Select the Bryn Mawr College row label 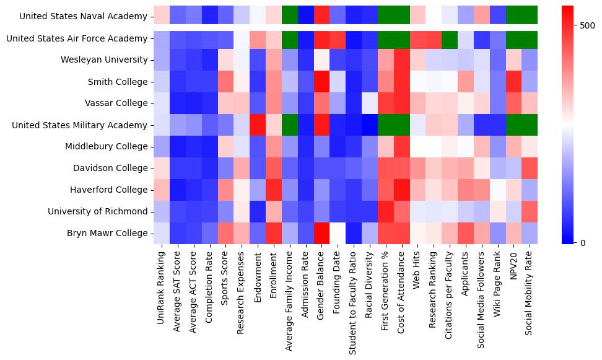point(109,234)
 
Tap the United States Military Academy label point(82,125)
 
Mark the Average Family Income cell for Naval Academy point(290,17)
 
